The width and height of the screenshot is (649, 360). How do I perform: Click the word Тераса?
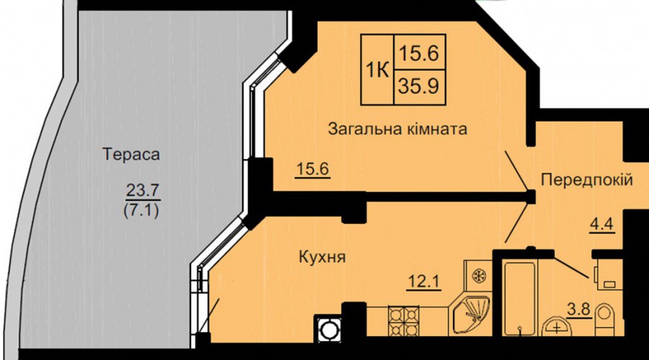click(131, 154)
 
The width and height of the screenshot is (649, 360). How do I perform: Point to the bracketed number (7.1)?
click(141, 212)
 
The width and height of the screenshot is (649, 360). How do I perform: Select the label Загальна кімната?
click(398, 129)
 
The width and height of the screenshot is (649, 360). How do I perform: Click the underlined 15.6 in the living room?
click(313, 168)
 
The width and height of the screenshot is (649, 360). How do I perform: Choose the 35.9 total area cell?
click(419, 86)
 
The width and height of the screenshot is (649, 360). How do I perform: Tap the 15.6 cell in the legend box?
click(419, 53)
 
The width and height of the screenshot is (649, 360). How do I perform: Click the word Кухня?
click(322, 257)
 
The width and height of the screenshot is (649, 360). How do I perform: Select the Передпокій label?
click(587, 180)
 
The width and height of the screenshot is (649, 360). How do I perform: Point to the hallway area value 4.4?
click(601, 225)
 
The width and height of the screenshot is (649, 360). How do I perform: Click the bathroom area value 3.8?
click(578, 309)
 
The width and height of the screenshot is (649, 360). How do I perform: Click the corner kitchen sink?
click(470, 315)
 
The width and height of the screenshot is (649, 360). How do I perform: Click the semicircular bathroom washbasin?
click(557, 326)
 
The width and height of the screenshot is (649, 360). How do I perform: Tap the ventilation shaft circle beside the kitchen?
click(328, 330)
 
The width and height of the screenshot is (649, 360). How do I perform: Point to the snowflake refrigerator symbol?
click(479, 275)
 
